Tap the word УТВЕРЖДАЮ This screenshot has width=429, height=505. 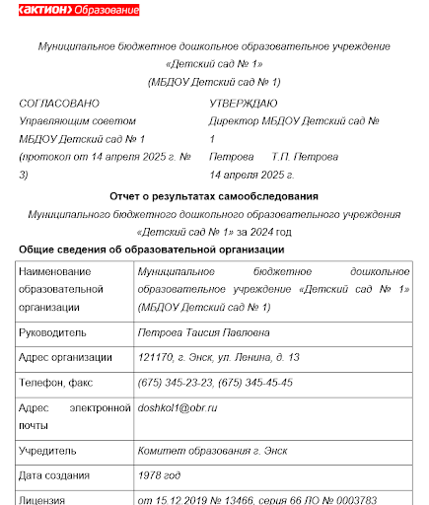coord(244,103)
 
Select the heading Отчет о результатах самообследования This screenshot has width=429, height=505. coord(214,196)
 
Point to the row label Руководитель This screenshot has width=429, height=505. coord(52,332)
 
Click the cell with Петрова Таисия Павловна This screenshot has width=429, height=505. coord(204,332)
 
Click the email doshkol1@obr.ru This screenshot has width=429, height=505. coord(178,406)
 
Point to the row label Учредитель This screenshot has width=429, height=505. coord(47,451)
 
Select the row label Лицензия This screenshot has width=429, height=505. coord(45,499)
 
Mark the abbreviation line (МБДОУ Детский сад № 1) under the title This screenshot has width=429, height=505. coord(214,82)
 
